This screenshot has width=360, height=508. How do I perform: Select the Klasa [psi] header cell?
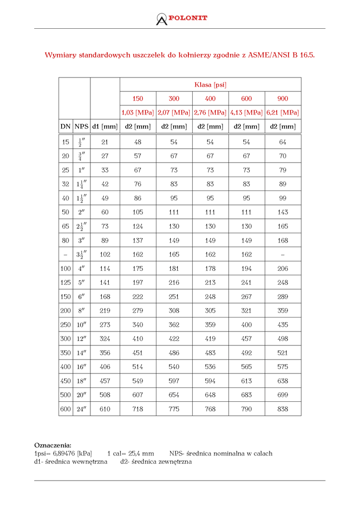point(211,85)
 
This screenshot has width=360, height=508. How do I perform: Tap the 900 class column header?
point(283,99)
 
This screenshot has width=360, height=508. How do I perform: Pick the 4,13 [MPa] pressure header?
point(246,113)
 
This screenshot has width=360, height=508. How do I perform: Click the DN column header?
point(66,127)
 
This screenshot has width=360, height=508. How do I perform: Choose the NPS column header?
point(81,127)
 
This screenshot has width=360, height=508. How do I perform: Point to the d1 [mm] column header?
point(105,127)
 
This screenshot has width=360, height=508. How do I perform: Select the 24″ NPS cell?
point(81,409)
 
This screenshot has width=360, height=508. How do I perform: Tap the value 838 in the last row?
point(283,409)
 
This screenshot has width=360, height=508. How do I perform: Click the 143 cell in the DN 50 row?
point(283,212)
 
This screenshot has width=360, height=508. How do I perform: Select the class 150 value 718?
point(138,409)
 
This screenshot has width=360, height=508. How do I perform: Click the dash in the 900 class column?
point(283,254)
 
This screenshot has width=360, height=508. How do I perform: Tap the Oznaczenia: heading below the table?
point(53,445)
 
